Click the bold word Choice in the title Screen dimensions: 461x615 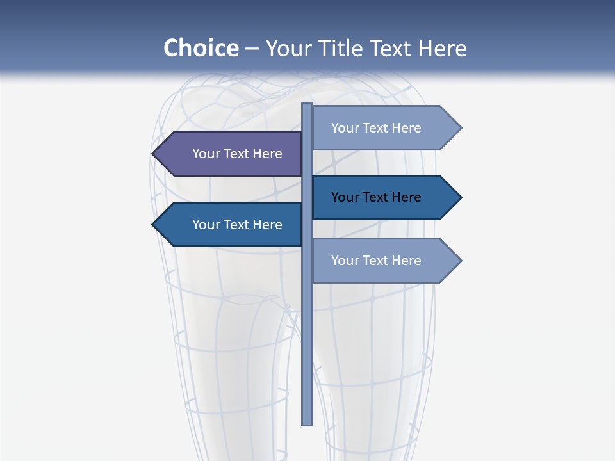(x=201, y=48)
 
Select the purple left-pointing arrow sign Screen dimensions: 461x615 (x=227, y=154)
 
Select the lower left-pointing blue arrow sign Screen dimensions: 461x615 (x=227, y=225)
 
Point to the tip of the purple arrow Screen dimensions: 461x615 (x=154, y=154)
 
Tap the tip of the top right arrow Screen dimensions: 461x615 (x=460, y=128)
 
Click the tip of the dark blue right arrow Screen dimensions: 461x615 (x=460, y=197)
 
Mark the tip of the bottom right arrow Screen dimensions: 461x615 (x=460, y=261)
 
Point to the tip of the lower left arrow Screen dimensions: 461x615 (x=154, y=225)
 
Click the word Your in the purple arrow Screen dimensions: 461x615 (x=206, y=154)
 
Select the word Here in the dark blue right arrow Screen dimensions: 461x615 (x=407, y=197)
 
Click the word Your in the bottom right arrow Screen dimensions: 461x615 (x=345, y=261)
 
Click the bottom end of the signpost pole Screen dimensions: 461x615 (x=307, y=423)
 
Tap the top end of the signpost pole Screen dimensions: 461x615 (x=307, y=104)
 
